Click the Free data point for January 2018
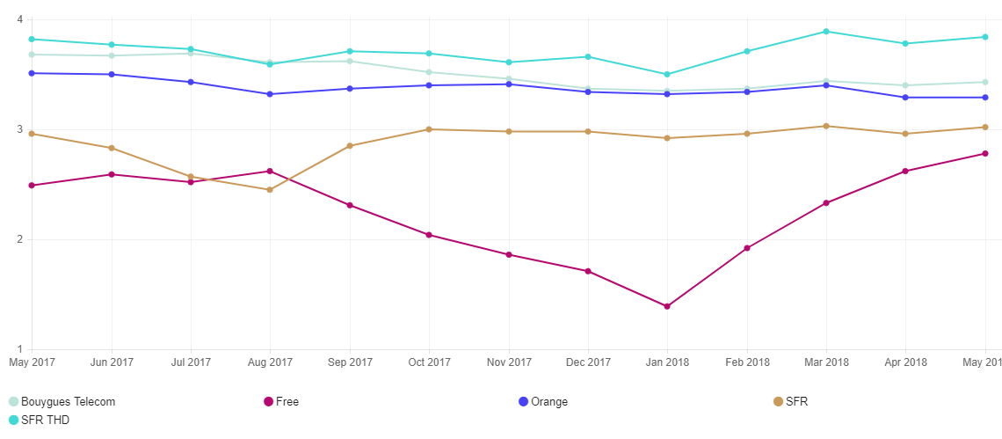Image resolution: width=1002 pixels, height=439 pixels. [x=667, y=306]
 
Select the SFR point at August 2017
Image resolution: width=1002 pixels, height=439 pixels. [x=270, y=189]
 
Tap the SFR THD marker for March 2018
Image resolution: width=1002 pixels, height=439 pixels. [x=826, y=32]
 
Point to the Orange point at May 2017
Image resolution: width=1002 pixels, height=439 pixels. [x=32, y=73]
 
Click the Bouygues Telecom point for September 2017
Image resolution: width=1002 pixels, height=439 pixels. [x=350, y=61]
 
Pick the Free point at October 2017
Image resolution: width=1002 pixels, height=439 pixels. [x=429, y=235]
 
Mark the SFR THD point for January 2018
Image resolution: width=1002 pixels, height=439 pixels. [x=667, y=74]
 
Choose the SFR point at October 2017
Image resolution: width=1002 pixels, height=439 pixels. [x=429, y=129]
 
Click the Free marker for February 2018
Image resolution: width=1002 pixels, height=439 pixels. [x=747, y=248]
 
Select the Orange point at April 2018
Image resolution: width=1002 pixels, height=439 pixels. [x=905, y=97]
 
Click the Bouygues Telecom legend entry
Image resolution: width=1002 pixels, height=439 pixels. [x=62, y=402]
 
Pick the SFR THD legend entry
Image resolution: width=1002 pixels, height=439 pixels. [x=40, y=421]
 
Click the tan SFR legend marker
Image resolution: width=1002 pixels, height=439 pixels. [x=778, y=402]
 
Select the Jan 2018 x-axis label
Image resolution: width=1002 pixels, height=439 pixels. [x=667, y=362]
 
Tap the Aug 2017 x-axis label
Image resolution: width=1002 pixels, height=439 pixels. [x=270, y=362]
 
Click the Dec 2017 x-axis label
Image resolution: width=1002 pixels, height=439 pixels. [x=588, y=362]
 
